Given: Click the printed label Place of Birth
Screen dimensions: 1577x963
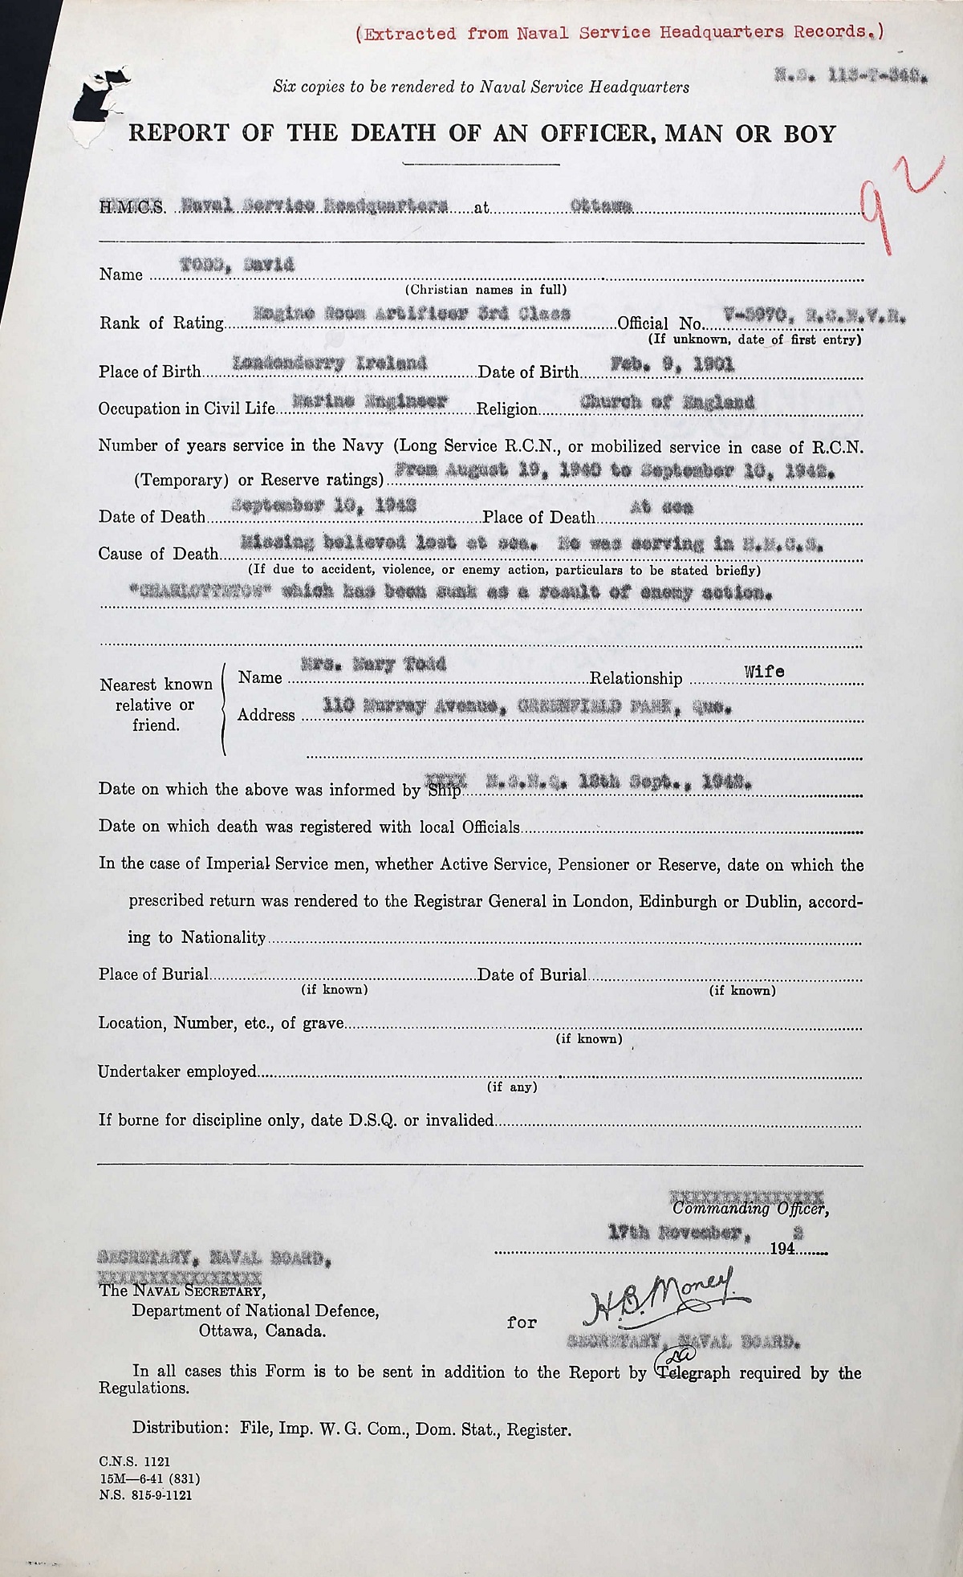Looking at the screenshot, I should coord(149,372).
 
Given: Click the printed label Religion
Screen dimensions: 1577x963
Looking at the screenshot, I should coord(506,408).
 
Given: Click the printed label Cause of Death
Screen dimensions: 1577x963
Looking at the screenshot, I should coord(158,553).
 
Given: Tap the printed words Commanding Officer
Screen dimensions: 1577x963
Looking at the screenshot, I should coord(751,1209).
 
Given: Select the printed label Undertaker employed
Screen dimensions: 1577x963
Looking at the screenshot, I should coord(177,1071).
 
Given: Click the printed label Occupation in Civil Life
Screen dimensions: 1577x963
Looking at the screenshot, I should coord(186,408).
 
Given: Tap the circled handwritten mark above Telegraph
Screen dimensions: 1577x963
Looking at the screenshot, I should coord(668,1355).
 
